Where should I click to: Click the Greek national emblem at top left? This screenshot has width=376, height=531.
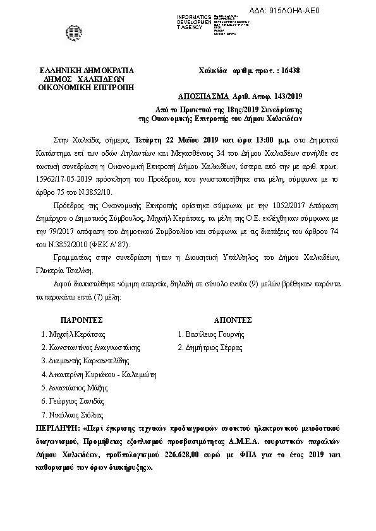click(69, 30)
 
